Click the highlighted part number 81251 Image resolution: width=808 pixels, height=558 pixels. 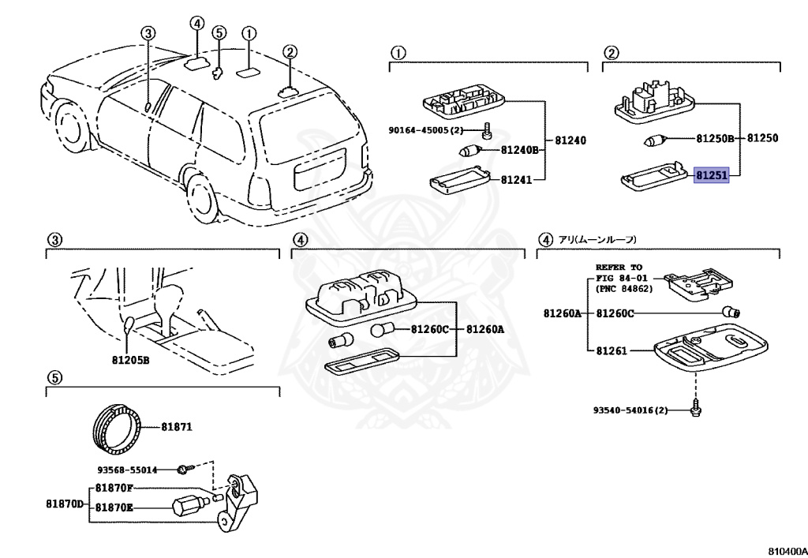(711, 174)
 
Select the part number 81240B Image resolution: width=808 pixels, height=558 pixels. (518, 149)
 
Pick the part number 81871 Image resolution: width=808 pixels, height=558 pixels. (177, 426)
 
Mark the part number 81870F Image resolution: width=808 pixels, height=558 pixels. (114, 488)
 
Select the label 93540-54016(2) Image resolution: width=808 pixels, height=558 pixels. (630, 410)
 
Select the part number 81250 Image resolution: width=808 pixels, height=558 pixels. (762, 138)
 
